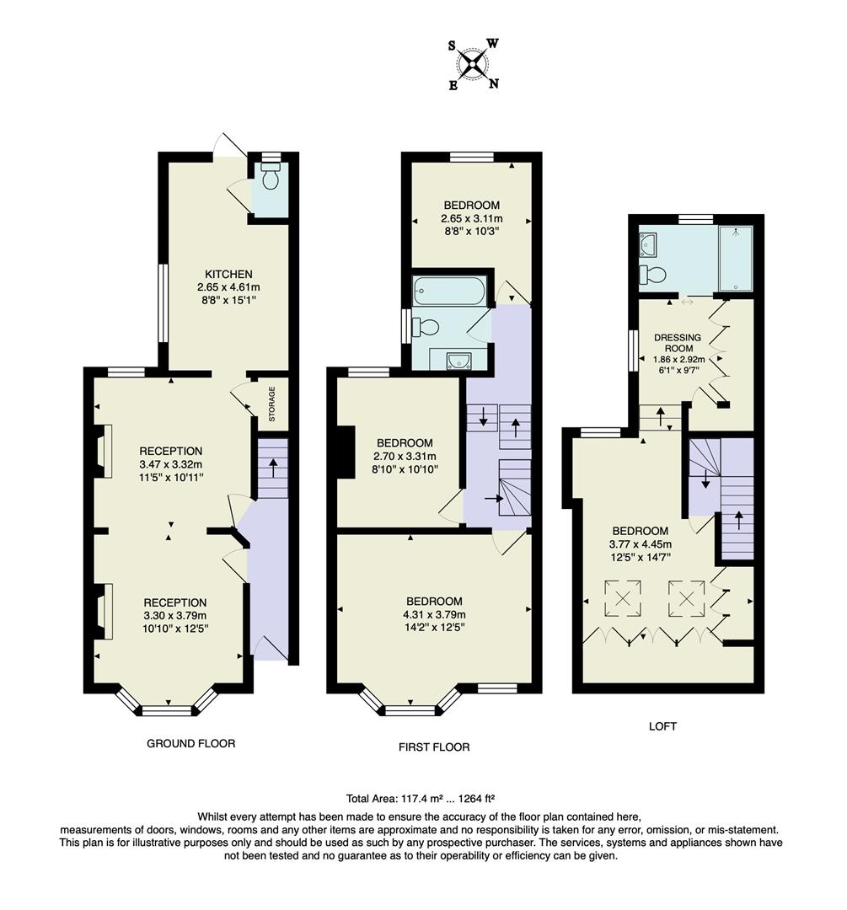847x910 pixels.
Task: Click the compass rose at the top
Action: click(x=474, y=63)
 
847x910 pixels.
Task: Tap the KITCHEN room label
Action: click(x=228, y=274)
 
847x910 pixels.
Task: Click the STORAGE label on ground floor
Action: click(x=272, y=404)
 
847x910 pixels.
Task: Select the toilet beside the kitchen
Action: click(x=271, y=179)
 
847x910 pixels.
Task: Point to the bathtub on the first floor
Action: click(x=448, y=292)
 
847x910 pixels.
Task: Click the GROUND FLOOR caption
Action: click(x=190, y=743)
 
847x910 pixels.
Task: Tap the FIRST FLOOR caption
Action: click(x=434, y=747)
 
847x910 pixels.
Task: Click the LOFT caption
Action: click(x=662, y=725)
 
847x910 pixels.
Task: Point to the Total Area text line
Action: click(x=425, y=798)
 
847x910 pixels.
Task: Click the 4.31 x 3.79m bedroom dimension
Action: click(x=434, y=613)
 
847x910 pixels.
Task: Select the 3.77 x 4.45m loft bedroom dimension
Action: click(x=641, y=543)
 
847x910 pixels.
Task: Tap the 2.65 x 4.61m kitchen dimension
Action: click(x=228, y=287)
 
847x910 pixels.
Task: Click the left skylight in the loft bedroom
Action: click(x=623, y=599)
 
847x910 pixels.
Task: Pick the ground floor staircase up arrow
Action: click(x=272, y=468)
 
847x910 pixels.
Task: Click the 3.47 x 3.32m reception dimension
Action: click(x=171, y=464)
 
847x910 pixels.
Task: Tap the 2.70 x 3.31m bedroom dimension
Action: click(x=405, y=456)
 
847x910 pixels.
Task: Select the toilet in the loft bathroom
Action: click(x=654, y=275)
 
